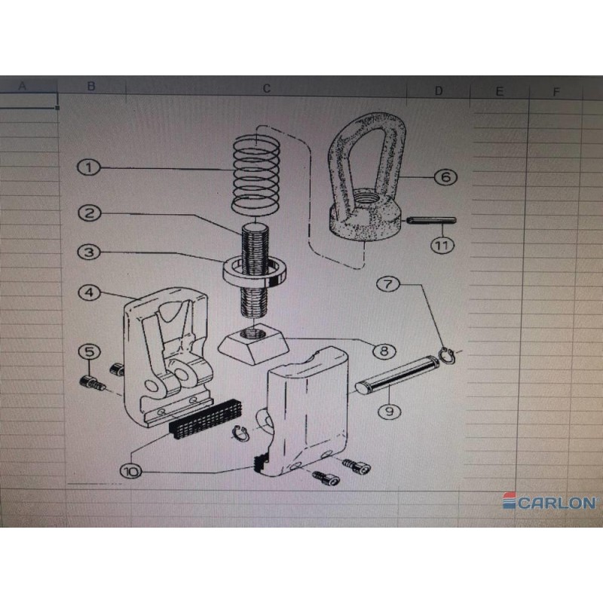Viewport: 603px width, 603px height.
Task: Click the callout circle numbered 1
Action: pyautogui.click(x=89, y=167)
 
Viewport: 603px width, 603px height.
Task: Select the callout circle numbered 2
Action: pyautogui.click(x=89, y=213)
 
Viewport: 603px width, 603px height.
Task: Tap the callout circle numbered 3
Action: pyautogui.click(x=89, y=253)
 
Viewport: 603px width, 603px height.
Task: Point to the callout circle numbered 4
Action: pyautogui.click(x=89, y=292)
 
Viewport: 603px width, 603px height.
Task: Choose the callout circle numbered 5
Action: pyautogui.click(x=89, y=351)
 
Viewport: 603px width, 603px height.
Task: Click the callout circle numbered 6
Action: pyautogui.click(x=445, y=177)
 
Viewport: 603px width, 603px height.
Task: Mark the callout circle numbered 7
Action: pyautogui.click(x=388, y=284)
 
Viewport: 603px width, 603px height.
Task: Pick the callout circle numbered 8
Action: pyautogui.click(x=384, y=350)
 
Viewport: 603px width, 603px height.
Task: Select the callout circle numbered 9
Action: pyautogui.click(x=390, y=412)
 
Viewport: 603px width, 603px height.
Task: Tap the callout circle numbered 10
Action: pyautogui.click(x=131, y=471)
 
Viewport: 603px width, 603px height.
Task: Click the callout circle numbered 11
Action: pyautogui.click(x=442, y=245)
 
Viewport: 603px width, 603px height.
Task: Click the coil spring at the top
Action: pyautogui.click(x=256, y=175)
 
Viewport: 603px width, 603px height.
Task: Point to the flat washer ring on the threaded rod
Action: pyautogui.click(x=255, y=271)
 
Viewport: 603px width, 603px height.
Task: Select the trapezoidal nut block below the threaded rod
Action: pyautogui.click(x=254, y=344)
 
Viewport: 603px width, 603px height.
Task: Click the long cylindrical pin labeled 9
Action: pyautogui.click(x=397, y=374)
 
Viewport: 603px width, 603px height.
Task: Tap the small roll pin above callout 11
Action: pyautogui.click(x=431, y=221)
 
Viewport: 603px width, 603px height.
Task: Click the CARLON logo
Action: pyautogui.click(x=549, y=501)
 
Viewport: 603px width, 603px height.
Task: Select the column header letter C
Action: pyautogui.click(x=267, y=89)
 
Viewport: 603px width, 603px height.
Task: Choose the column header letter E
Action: pyautogui.click(x=499, y=91)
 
